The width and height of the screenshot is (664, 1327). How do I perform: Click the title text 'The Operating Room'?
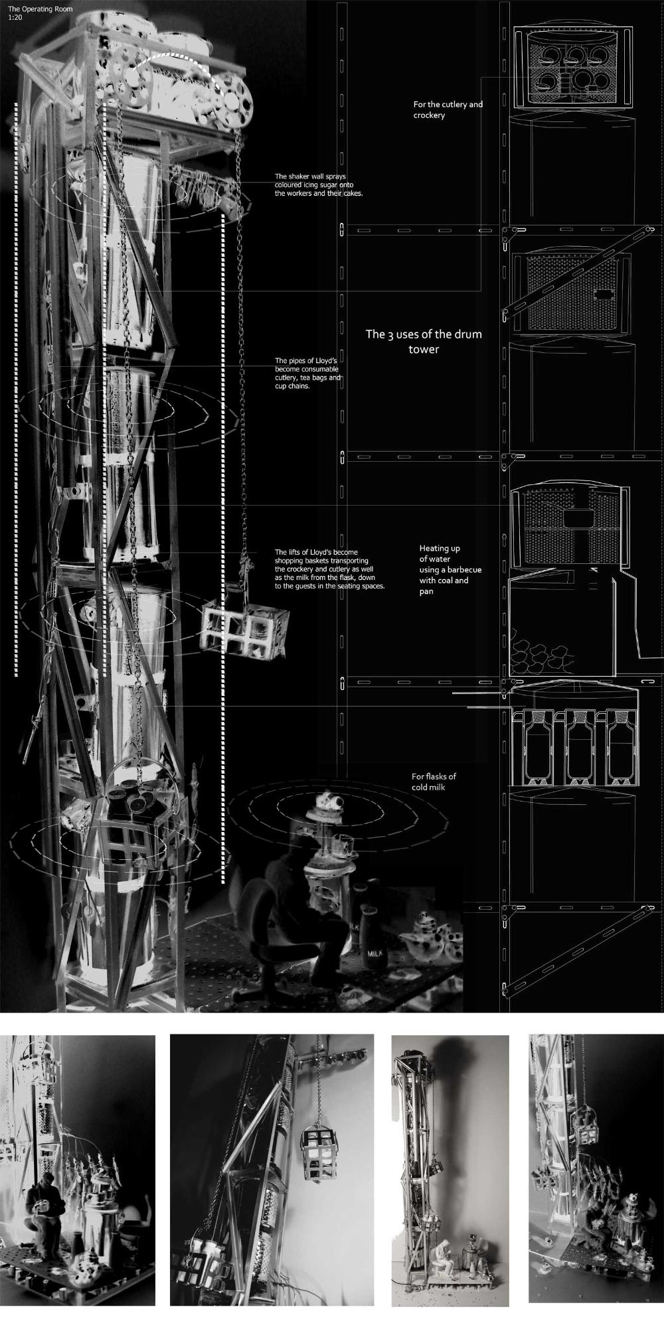coord(41,9)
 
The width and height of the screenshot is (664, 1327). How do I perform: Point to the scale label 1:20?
coord(15,16)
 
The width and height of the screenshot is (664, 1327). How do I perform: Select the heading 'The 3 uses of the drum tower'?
coord(424,341)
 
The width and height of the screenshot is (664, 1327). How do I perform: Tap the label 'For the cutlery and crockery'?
coord(448,109)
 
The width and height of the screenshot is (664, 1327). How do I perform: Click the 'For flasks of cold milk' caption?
coord(434,782)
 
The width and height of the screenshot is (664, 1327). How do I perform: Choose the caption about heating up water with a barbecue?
coord(450,569)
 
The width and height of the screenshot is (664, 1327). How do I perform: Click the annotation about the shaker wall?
coord(319,185)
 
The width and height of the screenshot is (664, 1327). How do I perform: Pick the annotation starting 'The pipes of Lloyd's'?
coord(308,374)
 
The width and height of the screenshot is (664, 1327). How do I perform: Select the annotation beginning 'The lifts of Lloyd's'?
coord(329,569)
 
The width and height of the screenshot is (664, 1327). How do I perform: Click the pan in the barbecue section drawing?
coord(578,518)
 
